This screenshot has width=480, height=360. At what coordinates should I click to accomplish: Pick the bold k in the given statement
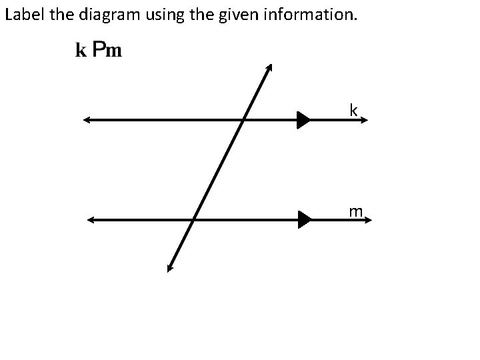click(81, 51)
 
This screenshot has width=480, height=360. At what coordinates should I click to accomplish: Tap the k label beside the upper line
click(353, 110)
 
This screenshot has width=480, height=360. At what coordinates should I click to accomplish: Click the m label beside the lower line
click(355, 211)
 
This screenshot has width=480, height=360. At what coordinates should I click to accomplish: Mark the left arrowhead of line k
click(87, 120)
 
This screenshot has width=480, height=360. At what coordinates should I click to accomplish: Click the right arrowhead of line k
click(364, 120)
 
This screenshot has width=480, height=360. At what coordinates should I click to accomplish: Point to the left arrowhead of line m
click(91, 219)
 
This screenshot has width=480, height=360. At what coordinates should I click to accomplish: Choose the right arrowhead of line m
click(367, 219)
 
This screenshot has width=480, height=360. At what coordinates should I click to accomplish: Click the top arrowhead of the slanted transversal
click(269, 67)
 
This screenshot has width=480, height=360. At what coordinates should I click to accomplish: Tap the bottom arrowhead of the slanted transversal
click(170, 268)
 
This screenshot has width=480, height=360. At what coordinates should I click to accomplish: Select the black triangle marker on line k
click(304, 120)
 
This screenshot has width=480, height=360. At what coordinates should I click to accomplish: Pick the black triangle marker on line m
click(305, 219)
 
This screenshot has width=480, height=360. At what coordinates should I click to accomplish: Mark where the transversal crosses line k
click(243, 120)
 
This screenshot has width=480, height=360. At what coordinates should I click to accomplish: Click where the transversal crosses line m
click(193, 219)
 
